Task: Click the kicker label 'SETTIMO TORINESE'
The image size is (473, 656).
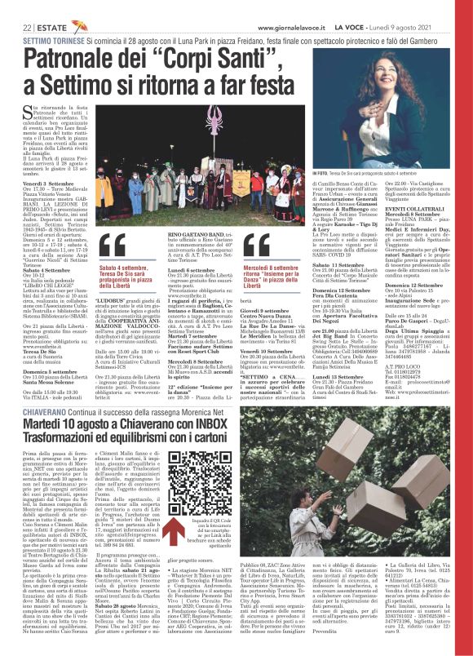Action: tap(49, 38)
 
